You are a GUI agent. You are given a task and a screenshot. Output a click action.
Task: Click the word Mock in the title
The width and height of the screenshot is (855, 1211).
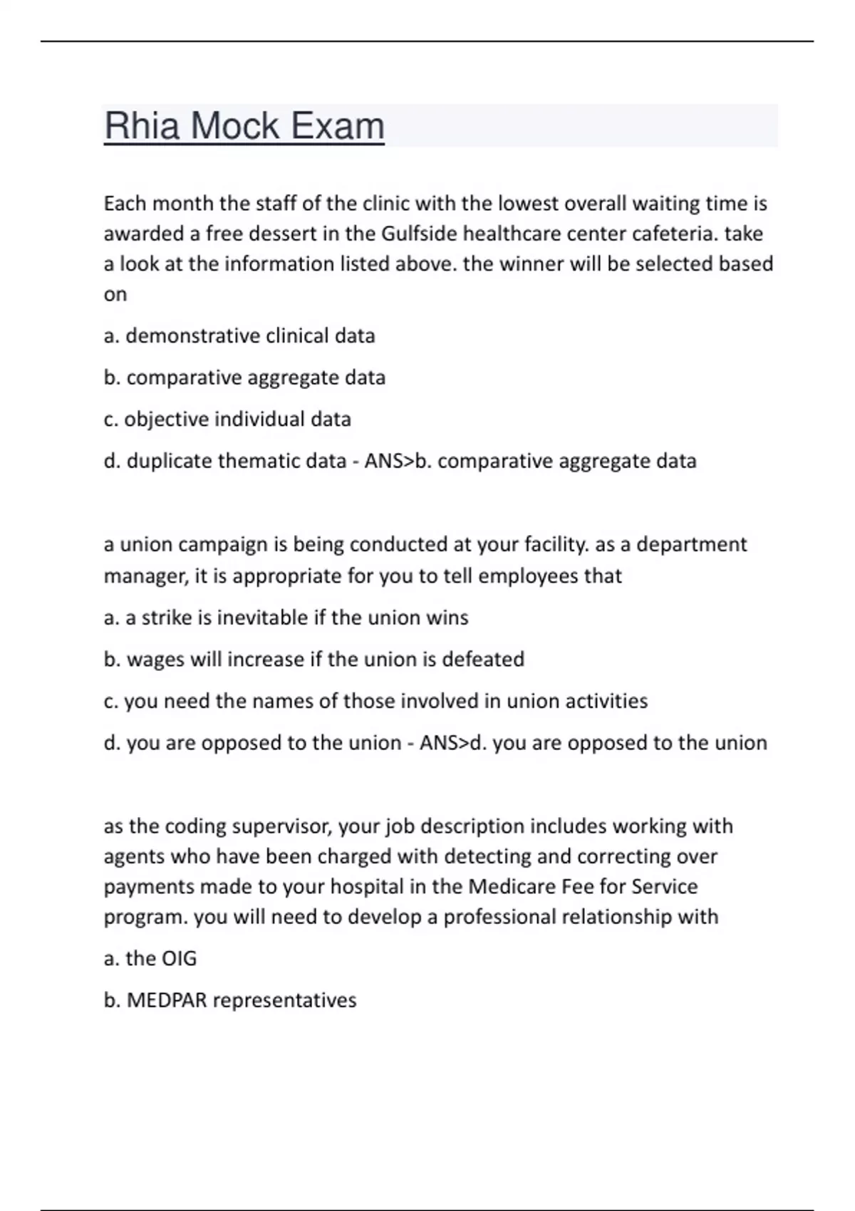(235, 126)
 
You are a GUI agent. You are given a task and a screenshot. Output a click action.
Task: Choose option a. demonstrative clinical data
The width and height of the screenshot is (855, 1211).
(239, 336)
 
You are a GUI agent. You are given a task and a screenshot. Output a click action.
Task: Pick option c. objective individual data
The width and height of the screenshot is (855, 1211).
(227, 419)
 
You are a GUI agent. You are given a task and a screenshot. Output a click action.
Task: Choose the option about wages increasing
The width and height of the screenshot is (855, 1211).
(313, 660)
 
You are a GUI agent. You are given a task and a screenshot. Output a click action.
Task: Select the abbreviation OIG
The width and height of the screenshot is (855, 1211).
(180, 959)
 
